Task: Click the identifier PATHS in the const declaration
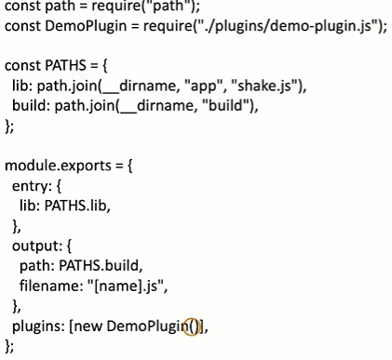[65, 65]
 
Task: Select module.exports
[58, 166]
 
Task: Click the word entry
[31, 186]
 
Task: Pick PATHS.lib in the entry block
[75, 206]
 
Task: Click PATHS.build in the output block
[99, 265]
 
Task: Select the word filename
[47, 286]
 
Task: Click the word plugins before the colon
[35, 327]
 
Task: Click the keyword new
[88, 327]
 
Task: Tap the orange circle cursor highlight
[191, 327]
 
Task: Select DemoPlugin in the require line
[86, 26]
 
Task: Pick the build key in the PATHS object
[29, 105]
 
